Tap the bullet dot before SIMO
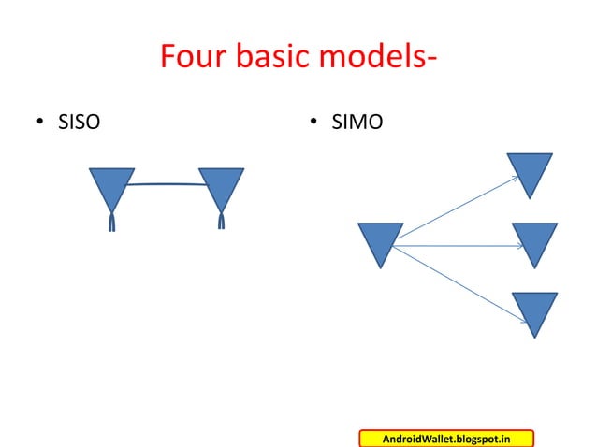pyautogui.click(x=314, y=122)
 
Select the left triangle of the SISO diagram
pyautogui.click(x=111, y=186)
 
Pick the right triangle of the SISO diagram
pyautogui.click(x=222, y=186)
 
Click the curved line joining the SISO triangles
pyautogui.click(x=167, y=184)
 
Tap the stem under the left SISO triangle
pyautogui.click(x=111, y=222)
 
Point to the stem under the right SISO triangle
pyautogui.click(x=222, y=222)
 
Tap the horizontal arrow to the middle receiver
pyautogui.click(x=459, y=246)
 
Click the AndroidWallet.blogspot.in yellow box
pyautogui.click(x=445, y=439)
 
